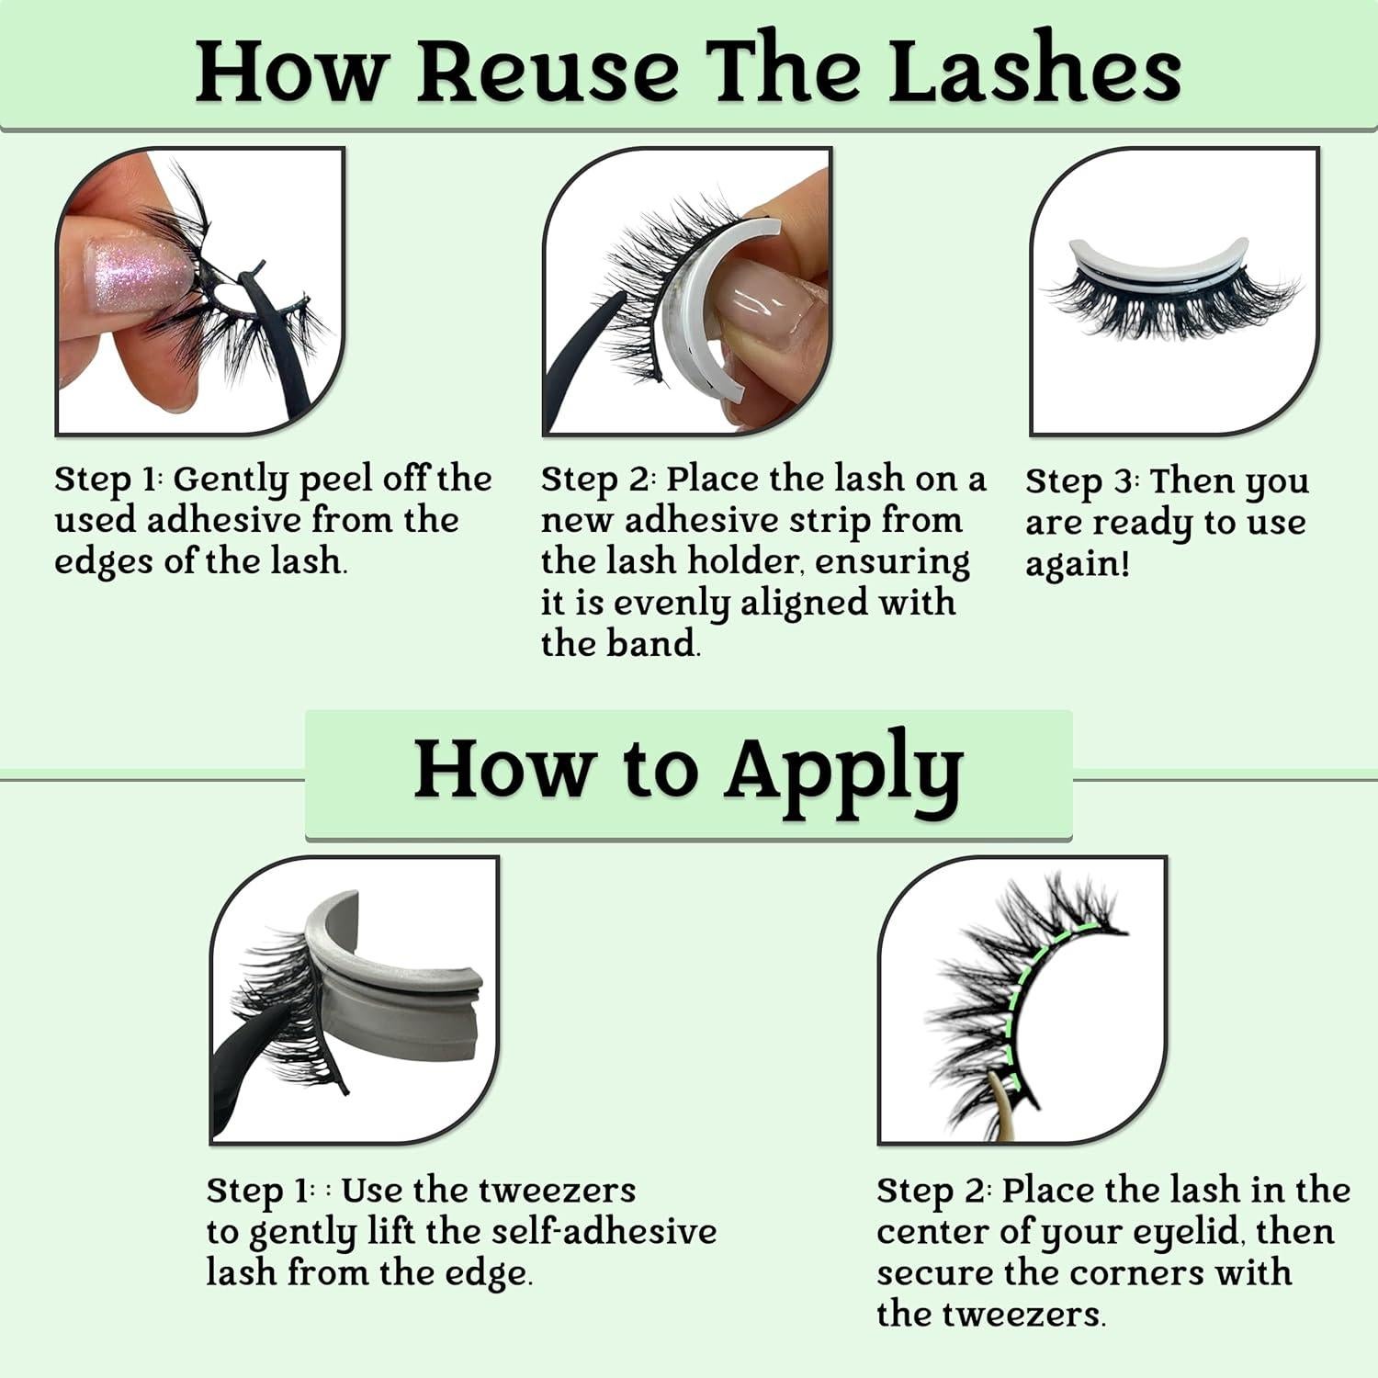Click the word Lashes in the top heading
tap(1035, 70)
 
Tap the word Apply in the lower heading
tap(844, 772)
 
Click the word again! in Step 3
tap(1077, 564)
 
